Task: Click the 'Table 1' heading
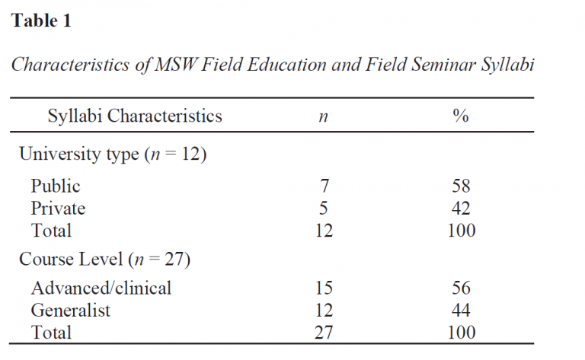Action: pyautogui.click(x=41, y=21)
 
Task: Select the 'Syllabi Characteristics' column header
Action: pyautogui.click(x=135, y=116)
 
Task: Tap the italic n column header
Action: pyautogui.click(x=322, y=116)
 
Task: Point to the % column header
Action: pyautogui.click(x=460, y=116)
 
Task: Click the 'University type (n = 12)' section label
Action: pyautogui.click(x=113, y=155)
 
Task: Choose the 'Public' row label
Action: pyautogui.click(x=56, y=186)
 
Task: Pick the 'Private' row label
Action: pyautogui.click(x=58, y=209)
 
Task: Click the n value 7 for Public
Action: pyautogui.click(x=323, y=186)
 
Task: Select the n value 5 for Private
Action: pyautogui.click(x=323, y=209)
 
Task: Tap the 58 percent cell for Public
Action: pyautogui.click(x=460, y=186)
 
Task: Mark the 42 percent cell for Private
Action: pyautogui.click(x=460, y=209)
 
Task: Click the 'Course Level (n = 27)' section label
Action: pyautogui.click(x=104, y=260)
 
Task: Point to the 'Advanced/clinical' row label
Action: pyautogui.click(x=101, y=288)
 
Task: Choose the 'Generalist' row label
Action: pyautogui.click(x=70, y=311)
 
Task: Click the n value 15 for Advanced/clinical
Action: pyautogui.click(x=323, y=288)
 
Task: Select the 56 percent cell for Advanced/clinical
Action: pyautogui.click(x=460, y=288)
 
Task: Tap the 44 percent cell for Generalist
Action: pyautogui.click(x=460, y=311)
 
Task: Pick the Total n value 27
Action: pyautogui.click(x=323, y=333)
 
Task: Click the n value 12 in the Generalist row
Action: pyautogui.click(x=323, y=311)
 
